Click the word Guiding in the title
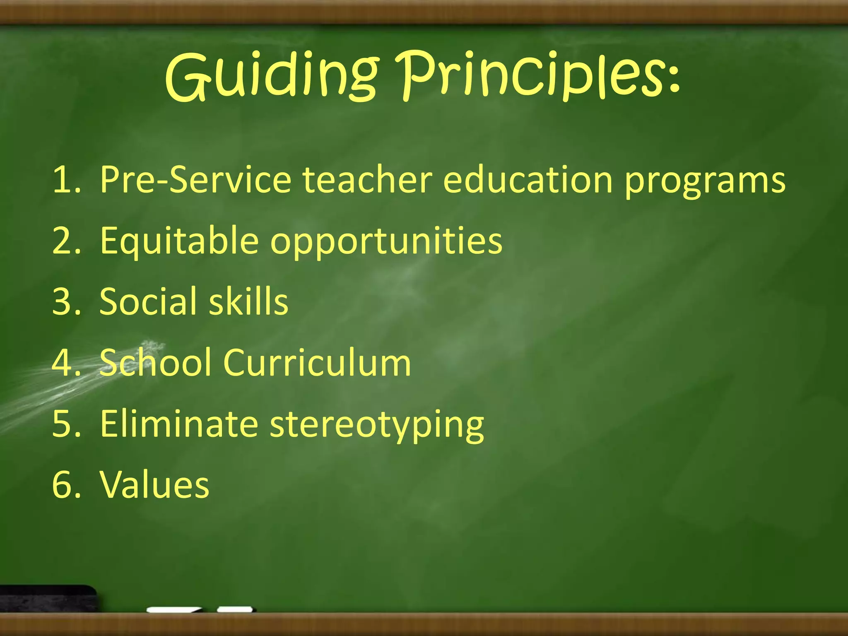tap(271, 77)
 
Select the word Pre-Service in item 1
tap(195, 180)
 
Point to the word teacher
tap(368, 180)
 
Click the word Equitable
tap(179, 241)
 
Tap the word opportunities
tap(386, 243)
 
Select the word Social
tap(150, 301)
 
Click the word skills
tap(248, 301)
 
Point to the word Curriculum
tap(317, 363)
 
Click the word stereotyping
tap(377, 426)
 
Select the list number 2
tap(62, 241)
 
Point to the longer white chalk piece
tap(174, 610)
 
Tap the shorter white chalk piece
tap(235, 609)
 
